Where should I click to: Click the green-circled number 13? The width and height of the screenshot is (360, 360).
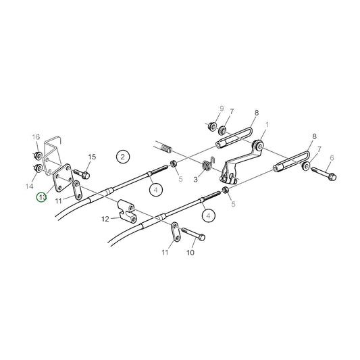42,198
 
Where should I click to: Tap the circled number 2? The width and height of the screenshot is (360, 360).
122,157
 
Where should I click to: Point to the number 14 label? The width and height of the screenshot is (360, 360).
28,184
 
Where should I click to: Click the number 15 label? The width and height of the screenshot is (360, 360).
92,157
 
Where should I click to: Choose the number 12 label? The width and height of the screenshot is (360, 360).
105,219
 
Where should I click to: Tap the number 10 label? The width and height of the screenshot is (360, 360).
190,253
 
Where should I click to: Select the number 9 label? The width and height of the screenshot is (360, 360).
220,109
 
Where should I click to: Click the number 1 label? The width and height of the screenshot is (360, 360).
267,125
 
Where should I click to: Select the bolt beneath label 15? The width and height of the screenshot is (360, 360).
87,172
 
